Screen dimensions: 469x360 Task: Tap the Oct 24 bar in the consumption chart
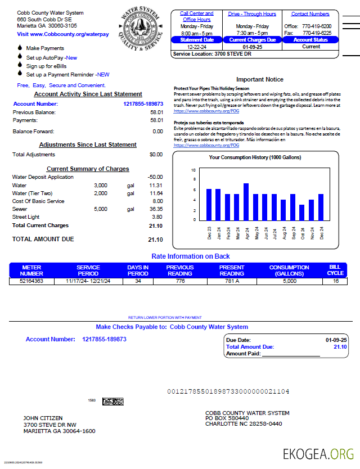(301, 212)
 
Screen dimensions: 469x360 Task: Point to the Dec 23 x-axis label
(209, 232)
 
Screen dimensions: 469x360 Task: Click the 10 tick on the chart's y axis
(193, 170)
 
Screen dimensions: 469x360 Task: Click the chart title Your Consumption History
(255, 157)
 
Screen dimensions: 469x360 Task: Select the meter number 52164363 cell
(31, 281)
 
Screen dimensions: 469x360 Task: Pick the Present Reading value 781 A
(232, 281)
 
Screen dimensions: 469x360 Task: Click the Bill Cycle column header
(336, 270)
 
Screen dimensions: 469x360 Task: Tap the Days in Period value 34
(138, 281)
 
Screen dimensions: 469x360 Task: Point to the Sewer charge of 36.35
(156, 209)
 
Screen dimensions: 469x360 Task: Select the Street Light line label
(26, 217)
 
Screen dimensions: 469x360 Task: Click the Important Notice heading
(259, 79)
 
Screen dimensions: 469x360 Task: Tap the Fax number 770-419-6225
(317, 33)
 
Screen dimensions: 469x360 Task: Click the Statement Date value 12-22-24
(197, 47)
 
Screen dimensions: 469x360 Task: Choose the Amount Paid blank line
(291, 354)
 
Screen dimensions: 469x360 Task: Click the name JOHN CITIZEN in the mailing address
(43, 418)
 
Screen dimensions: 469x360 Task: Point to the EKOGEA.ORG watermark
(318, 453)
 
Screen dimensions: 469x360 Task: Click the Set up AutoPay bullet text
(52, 57)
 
